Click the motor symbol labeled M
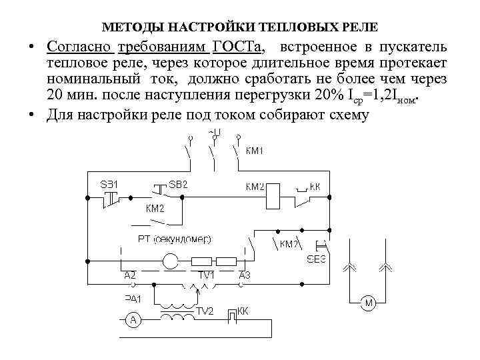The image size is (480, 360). pos(369,304)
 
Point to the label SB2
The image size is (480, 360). pos(178,183)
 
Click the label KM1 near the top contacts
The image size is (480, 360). pos(255,151)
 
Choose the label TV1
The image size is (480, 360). pos(205,275)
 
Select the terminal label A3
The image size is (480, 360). pos(244,275)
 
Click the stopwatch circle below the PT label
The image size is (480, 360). pos(171,261)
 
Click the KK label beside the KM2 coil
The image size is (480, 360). pos(314,187)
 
